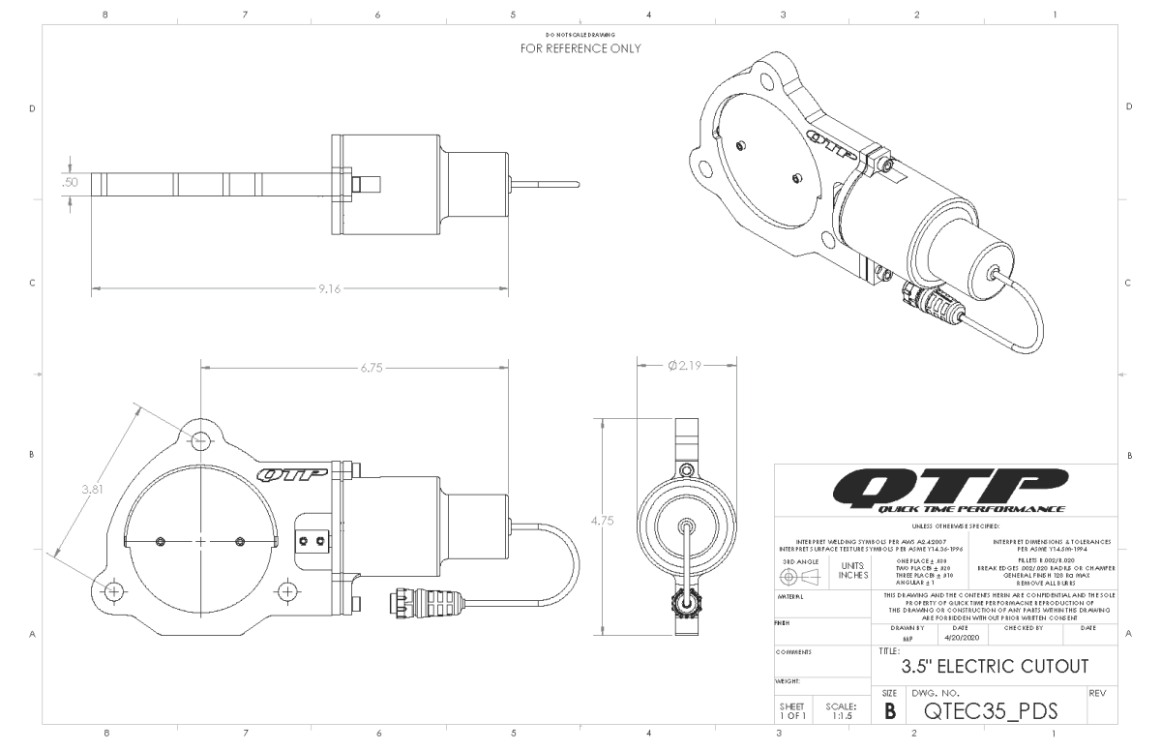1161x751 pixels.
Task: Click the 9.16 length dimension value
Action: [330, 288]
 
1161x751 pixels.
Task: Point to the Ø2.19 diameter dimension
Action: [687, 365]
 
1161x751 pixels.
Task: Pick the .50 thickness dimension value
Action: [71, 182]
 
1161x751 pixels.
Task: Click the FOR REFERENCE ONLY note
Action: [580, 47]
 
